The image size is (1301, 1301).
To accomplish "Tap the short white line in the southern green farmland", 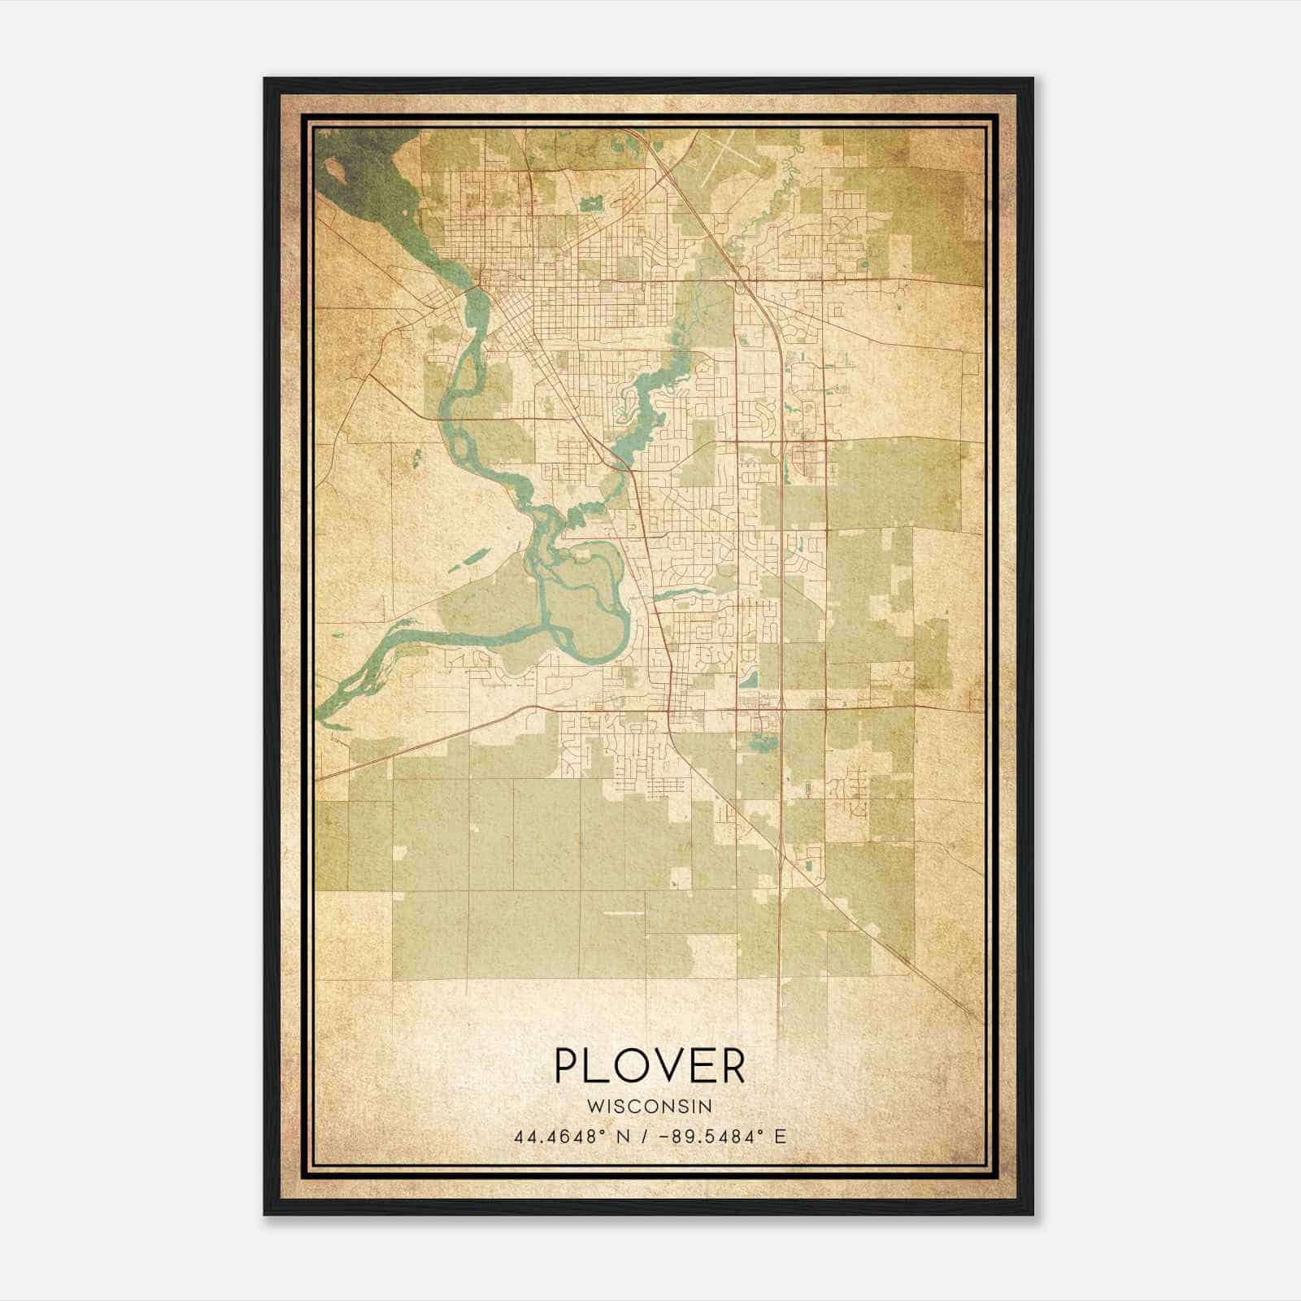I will click(624, 913).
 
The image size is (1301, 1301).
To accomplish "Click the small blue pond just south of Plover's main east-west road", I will click(761, 742).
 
